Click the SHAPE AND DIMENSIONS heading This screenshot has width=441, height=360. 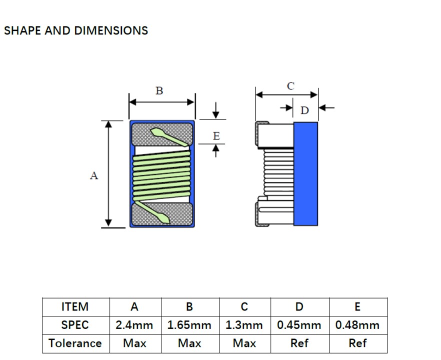pos(76,30)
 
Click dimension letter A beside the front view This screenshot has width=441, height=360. pos(94,175)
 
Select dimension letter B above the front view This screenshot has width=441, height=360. pos(159,91)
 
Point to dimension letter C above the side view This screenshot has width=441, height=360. pos(290,86)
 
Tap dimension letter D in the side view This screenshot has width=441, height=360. pos(304,110)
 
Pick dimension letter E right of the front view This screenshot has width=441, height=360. pos(216,136)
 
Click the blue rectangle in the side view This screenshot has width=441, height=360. pos(305,173)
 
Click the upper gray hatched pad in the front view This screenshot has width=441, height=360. pos(162,134)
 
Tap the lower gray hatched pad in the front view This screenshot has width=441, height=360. pos(162,214)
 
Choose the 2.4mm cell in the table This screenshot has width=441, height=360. pos(134,325)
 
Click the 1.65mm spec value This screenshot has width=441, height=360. pos(189,325)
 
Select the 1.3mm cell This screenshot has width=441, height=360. pos(244,325)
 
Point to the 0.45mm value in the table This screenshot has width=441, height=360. pos(299,325)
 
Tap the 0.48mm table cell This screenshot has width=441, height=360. pos(357,325)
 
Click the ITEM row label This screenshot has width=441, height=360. pos(75,306)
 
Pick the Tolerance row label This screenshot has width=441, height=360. pos(75,343)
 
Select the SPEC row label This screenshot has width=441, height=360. pos(75,325)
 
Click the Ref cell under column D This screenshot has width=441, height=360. pos(299,343)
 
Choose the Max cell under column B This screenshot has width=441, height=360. pos(189,343)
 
